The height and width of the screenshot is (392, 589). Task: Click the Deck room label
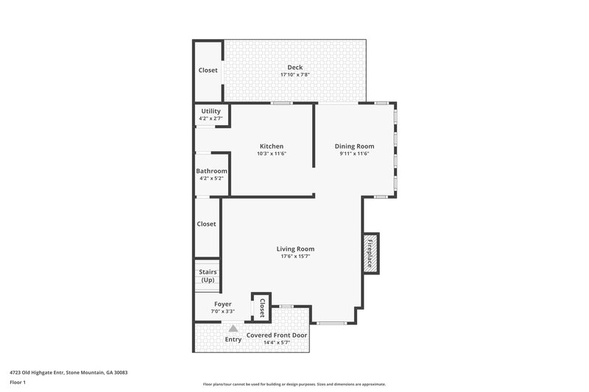tap(294, 68)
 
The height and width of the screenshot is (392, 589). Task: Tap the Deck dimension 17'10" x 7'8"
tap(294, 75)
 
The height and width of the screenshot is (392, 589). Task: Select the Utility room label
tap(211, 111)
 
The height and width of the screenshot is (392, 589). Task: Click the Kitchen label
tap(271, 146)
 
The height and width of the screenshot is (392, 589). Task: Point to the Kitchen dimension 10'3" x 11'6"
tap(271, 154)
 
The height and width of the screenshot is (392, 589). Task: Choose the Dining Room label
tap(354, 146)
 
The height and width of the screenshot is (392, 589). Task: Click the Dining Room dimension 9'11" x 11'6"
tap(354, 154)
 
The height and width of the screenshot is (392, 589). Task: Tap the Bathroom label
tap(211, 171)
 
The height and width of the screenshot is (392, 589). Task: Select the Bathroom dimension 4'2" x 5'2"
tap(211, 179)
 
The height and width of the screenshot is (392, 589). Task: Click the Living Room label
tap(295, 249)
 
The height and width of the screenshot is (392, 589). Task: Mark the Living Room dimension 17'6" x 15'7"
tap(295, 257)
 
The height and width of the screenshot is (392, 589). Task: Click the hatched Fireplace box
tap(371, 254)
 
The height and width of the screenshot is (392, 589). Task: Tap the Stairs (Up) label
tap(208, 276)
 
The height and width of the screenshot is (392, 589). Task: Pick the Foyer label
tap(222, 304)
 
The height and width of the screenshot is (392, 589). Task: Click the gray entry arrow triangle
tap(233, 329)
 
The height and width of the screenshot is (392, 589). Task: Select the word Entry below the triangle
tap(233, 340)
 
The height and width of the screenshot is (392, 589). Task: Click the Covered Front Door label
tap(278, 335)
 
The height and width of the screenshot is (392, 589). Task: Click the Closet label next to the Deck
tap(208, 71)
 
